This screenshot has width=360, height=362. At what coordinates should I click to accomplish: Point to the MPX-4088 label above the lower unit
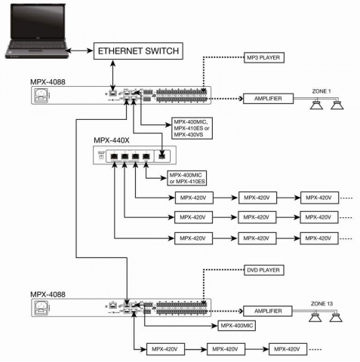tap(48, 293)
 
